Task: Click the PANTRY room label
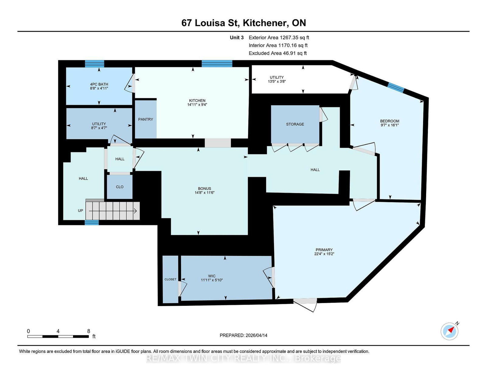[x=145, y=119]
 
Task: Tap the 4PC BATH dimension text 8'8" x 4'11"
[x=99, y=88]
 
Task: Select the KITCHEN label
[x=197, y=101]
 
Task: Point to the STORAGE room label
[x=295, y=124]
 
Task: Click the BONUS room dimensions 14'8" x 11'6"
[x=205, y=193]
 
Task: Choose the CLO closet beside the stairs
[x=120, y=187]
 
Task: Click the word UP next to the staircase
[x=80, y=211]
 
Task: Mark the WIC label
[x=212, y=276]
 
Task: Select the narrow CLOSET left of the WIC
[x=170, y=279]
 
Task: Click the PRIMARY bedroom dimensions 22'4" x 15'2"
[x=324, y=254]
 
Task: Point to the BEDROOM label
[x=390, y=121]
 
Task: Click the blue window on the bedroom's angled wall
[x=396, y=88]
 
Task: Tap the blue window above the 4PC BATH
[x=94, y=64]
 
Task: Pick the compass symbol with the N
[x=450, y=331]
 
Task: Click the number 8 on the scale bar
[x=89, y=331]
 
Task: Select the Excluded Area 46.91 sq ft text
[x=278, y=53]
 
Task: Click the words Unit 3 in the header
[x=236, y=38]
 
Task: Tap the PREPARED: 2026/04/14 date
[x=243, y=335]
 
